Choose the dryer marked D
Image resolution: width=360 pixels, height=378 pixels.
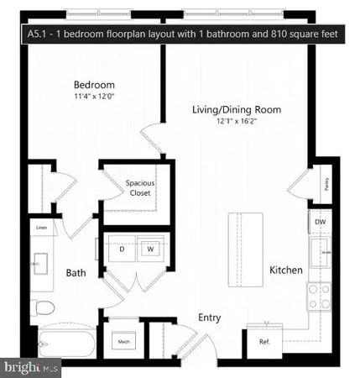(123, 249)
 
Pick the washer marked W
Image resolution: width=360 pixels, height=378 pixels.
(151, 249)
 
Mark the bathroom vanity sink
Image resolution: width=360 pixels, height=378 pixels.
(38, 265)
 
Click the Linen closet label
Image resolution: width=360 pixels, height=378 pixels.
(40, 228)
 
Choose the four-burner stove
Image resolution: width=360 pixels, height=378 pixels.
(319, 296)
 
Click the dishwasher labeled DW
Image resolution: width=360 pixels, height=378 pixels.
(320, 223)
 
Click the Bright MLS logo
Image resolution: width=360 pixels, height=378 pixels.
(32, 367)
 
